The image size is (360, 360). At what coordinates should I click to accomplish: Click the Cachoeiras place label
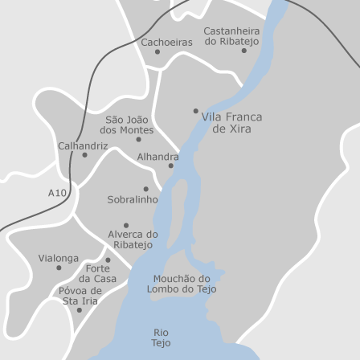coord(166,41)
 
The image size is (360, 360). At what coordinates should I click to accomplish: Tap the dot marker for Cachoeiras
coord(157,52)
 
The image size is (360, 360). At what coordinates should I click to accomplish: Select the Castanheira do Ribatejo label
coord(231,35)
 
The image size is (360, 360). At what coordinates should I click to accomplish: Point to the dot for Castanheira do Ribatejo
coord(244,51)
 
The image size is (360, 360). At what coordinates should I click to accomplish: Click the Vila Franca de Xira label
coord(231,122)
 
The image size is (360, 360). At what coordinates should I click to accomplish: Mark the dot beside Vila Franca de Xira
coord(195,111)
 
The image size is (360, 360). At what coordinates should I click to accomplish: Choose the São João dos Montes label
coord(127,125)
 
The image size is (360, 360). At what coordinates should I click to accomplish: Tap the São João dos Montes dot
coord(139,139)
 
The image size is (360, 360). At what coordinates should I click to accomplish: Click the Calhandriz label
coord(82,145)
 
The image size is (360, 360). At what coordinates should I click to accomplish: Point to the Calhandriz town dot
coord(84,155)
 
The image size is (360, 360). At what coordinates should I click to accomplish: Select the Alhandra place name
coord(157,157)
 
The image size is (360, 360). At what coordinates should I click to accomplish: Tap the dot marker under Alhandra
coord(170,166)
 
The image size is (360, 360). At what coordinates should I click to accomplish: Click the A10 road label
coord(56,193)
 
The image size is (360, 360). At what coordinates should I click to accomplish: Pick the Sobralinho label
coord(133,198)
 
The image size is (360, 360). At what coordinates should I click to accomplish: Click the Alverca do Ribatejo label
coord(133,239)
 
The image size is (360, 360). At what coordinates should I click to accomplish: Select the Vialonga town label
coord(59,259)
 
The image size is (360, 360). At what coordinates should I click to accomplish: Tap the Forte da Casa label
coord(97,273)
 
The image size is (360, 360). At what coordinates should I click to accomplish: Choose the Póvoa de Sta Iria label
coord(80,295)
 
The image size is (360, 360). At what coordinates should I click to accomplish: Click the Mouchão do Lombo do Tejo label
coord(181,284)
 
